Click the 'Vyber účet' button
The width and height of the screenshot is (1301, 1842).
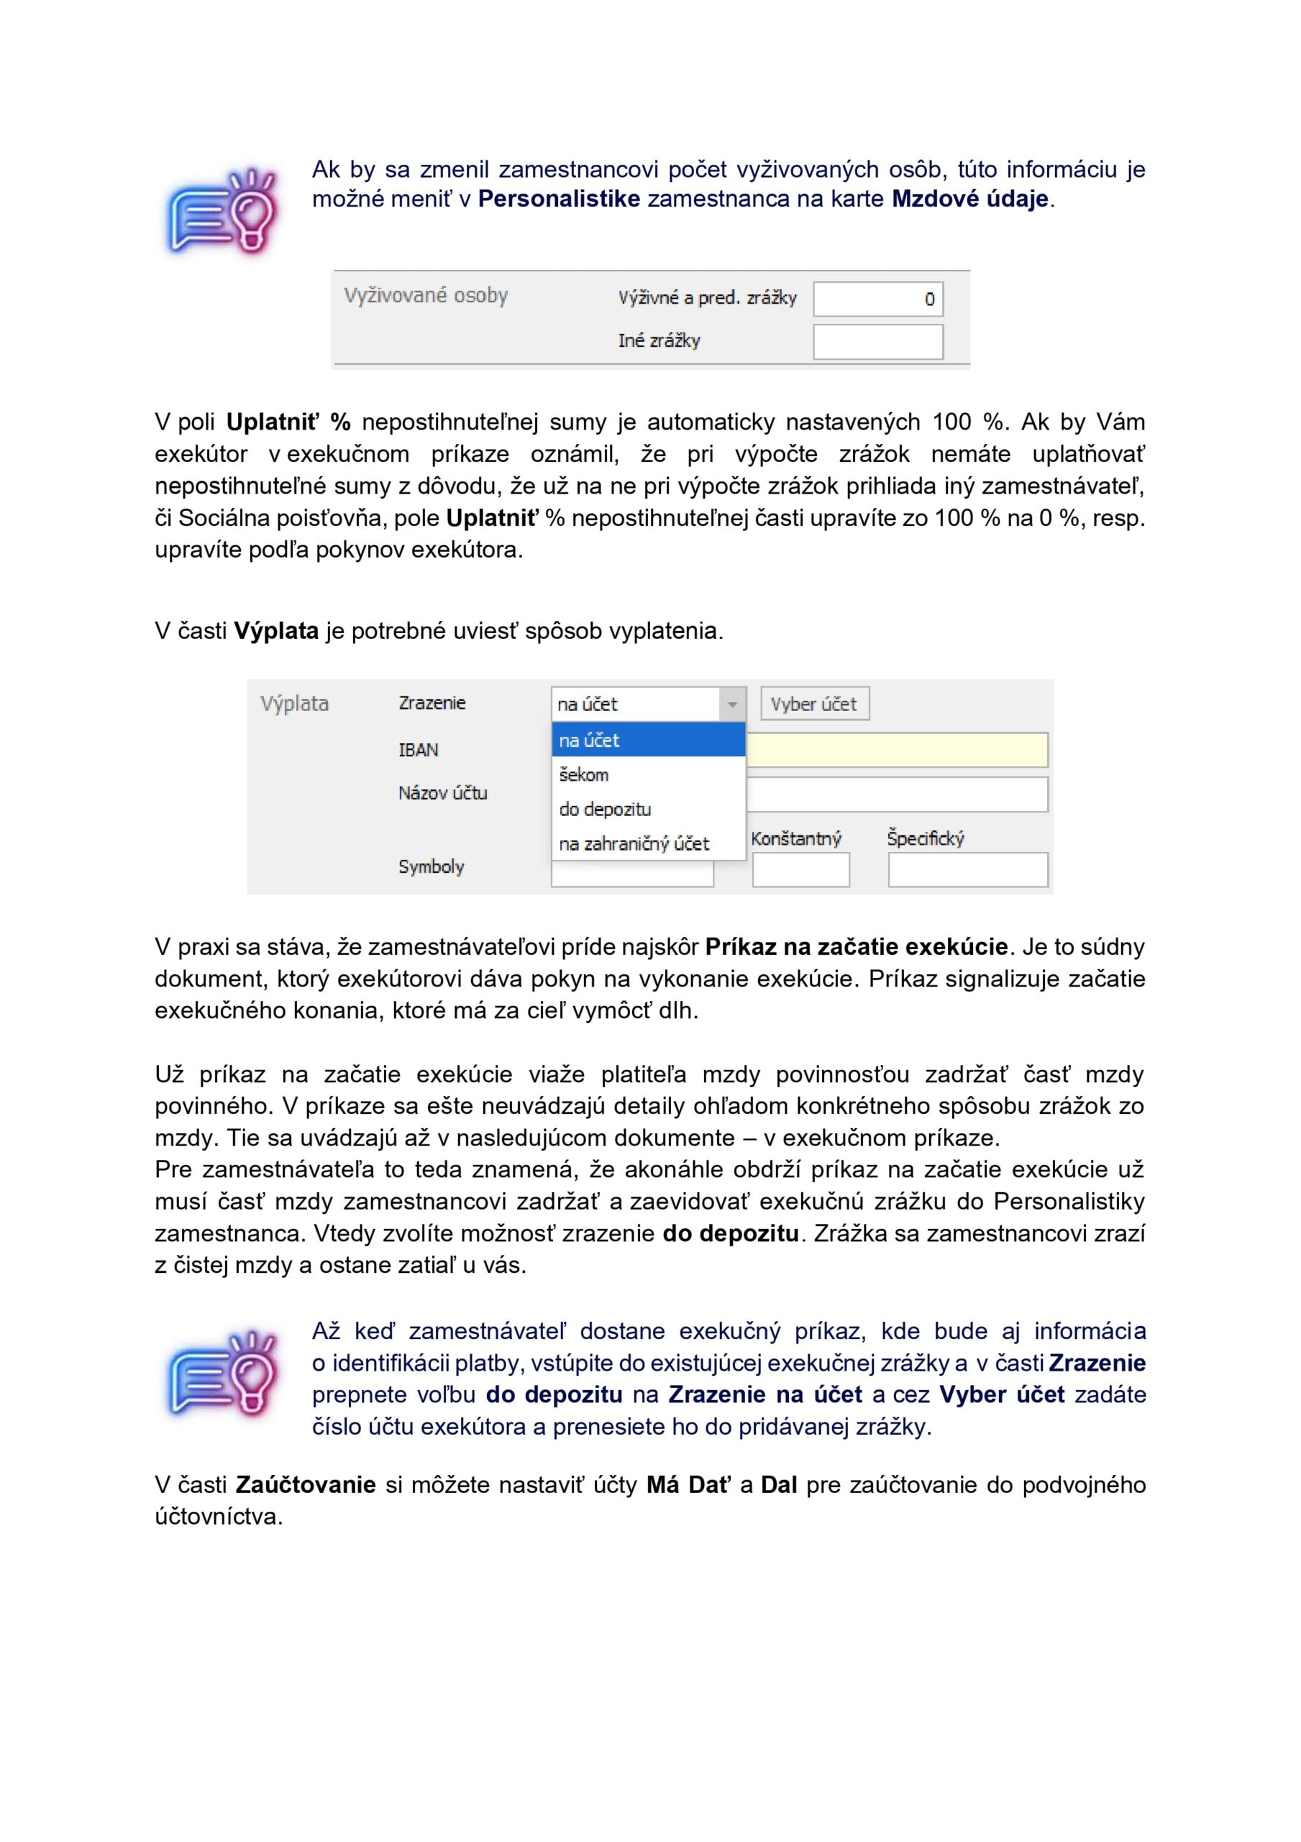(813, 704)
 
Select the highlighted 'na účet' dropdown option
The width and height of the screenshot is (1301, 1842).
(647, 740)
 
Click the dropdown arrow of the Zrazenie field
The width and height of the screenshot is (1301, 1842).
(731, 704)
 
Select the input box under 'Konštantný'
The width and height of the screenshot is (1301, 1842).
(800, 870)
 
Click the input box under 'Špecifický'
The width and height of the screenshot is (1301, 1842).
(967, 870)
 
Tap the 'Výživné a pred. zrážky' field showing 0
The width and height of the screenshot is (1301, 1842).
(877, 299)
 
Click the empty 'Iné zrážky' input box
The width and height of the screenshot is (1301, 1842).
(877, 342)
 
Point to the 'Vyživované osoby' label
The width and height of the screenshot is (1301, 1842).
(426, 295)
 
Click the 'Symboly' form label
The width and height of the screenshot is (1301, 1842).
(431, 866)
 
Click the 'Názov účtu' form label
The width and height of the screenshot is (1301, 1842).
(442, 793)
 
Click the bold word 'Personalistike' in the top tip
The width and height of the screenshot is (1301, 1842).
(558, 198)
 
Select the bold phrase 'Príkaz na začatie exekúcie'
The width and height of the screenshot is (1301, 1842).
(856, 947)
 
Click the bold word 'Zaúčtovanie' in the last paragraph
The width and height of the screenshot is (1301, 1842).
(306, 1484)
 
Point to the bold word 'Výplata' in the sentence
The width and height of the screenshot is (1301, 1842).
(276, 630)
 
